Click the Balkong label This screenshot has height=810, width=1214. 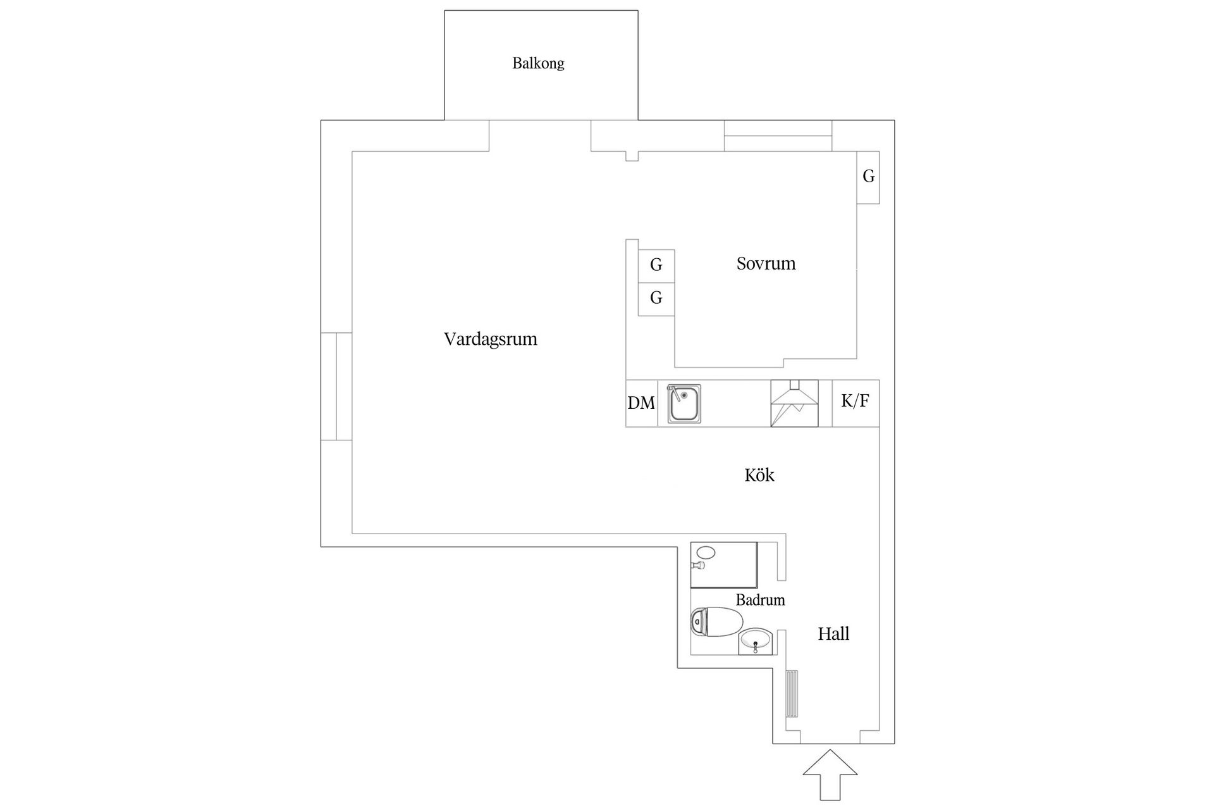[538, 63]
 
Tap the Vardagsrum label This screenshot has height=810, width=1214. [491, 339]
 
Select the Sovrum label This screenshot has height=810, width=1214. [766, 263]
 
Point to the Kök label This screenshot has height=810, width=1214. [759, 475]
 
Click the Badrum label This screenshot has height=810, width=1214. [760, 600]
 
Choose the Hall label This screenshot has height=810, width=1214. [833, 633]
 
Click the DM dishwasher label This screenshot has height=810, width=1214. [641, 403]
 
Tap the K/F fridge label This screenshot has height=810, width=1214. [855, 401]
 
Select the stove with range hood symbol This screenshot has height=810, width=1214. [794, 403]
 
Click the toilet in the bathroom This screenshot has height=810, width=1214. [716, 621]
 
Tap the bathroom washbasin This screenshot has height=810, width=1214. [756, 642]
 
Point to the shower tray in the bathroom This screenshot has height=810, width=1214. [724, 565]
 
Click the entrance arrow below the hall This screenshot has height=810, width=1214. [830, 775]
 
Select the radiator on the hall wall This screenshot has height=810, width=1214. [792, 694]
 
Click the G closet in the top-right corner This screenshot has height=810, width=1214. [868, 177]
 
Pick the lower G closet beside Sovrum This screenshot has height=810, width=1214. [656, 299]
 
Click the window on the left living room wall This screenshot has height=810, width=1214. [336, 386]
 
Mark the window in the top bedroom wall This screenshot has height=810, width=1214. [778, 135]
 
